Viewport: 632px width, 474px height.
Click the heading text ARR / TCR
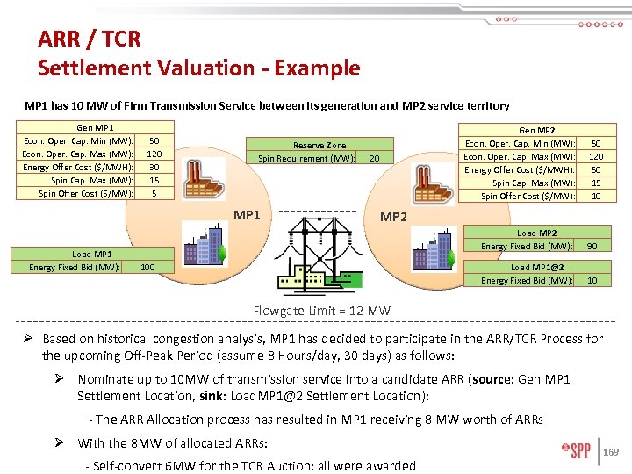89,39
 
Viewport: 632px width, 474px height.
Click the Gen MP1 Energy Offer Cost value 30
154,167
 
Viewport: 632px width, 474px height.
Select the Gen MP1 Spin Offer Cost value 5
154,193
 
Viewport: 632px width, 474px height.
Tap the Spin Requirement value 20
374,159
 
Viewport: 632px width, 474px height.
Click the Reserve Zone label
320,145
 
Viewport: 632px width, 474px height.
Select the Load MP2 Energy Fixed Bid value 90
592,246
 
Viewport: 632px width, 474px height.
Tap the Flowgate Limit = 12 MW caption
322,311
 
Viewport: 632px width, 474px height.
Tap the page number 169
614,453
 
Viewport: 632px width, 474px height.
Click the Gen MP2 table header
537,130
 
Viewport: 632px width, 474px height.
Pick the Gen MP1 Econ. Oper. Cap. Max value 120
154,154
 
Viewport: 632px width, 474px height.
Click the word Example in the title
313,68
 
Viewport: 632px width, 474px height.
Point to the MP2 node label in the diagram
392,217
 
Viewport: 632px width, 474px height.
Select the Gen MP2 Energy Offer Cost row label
520,169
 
